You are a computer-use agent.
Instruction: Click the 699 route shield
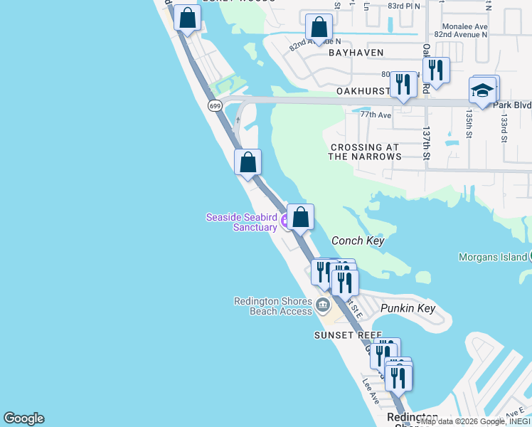(215, 105)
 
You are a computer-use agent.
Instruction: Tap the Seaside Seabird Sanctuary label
(241, 222)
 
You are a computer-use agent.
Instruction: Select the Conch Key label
(358, 241)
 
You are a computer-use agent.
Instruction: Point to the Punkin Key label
(407, 308)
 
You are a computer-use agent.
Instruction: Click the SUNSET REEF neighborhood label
(349, 334)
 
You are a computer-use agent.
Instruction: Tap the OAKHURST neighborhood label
(363, 92)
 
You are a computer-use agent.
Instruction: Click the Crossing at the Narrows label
(366, 152)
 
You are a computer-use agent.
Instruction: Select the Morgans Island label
(492, 257)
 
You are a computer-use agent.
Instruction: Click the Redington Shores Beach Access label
(273, 306)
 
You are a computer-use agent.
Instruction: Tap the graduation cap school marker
(482, 91)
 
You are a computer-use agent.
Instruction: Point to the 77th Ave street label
(376, 115)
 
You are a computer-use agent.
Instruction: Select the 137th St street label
(427, 144)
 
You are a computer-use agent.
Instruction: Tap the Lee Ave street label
(369, 390)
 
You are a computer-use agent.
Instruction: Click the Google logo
(23, 418)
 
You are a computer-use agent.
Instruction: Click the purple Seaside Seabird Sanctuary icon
(285, 221)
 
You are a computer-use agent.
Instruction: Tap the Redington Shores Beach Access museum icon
(322, 306)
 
